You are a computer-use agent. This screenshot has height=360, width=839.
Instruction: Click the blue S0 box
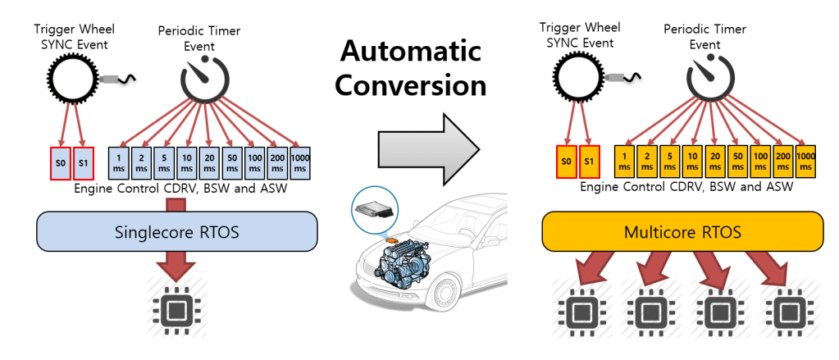(59, 162)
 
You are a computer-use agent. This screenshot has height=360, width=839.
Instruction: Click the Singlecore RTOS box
(177, 232)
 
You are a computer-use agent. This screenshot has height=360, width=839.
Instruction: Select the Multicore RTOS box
(683, 232)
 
